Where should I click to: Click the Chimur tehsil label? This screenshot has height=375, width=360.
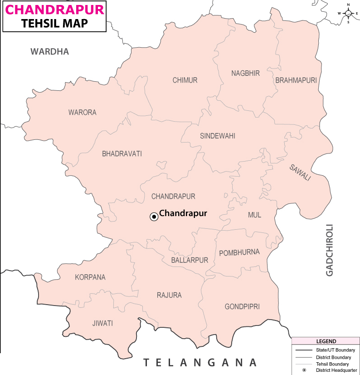(x=185, y=80)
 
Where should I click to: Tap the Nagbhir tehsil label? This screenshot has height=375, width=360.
(x=245, y=73)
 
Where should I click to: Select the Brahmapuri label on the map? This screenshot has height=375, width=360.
(x=296, y=80)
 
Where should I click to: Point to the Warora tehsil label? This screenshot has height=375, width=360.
(x=83, y=113)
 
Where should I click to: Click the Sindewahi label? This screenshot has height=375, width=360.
(x=218, y=136)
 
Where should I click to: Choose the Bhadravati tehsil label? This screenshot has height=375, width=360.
(x=122, y=154)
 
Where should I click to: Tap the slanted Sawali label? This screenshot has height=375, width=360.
(x=300, y=173)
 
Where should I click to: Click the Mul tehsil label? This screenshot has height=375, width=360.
(x=254, y=215)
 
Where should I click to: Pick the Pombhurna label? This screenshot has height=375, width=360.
(x=239, y=252)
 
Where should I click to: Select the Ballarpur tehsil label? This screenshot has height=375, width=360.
(x=190, y=260)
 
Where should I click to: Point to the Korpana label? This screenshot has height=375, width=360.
(x=90, y=277)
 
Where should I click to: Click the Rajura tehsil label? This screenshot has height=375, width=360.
(x=169, y=295)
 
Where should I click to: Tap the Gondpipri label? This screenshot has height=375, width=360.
(x=242, y=307)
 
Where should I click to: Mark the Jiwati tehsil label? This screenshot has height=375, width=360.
(x=102, y=323)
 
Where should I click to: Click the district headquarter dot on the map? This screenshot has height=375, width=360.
(x=154, y=217)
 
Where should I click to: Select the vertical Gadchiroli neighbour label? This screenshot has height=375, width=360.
(x=330, y=250)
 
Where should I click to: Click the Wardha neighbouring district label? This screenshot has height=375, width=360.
(x=50, y=52)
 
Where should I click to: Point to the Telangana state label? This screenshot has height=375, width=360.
(x=200, y=362)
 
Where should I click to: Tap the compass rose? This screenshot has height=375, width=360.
(x=348, y=13)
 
